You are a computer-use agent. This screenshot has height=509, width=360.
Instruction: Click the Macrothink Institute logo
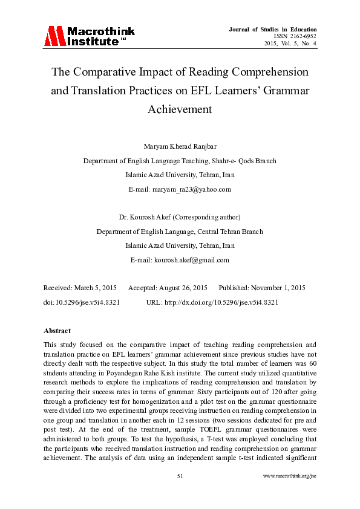pyautogui.click(x=89, y=36)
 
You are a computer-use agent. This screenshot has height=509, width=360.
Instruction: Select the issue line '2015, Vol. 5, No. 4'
pyautogui.click(x=290, y=43)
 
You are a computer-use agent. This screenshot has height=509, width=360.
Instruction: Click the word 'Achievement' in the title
pyautogui.click(x=180, y=110)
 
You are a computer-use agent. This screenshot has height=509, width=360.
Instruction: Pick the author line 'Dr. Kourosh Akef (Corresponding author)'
pyautogui.click(x=180, y=216)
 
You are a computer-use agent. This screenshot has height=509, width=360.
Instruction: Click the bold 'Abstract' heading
pyautogui.click(x=57, y=331)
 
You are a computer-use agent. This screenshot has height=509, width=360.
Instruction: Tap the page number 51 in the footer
pyautogui.click(x=180, y=493)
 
